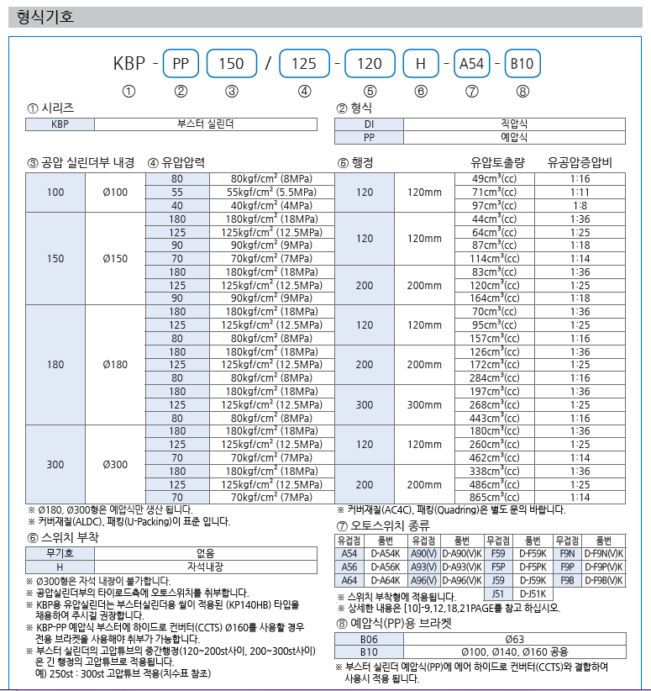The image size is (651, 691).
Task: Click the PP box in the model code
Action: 181,63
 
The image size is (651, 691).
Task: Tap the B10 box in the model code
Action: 523,63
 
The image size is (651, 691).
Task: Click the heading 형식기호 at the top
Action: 39,15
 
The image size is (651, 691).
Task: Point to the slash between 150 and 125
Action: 268,63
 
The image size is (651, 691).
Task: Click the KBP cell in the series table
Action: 60,124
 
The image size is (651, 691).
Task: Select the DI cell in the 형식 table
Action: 369,124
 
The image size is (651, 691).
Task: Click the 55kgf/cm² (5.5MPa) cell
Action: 273,192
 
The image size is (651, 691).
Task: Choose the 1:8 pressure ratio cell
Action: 580,205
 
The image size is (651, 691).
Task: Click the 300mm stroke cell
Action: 423,404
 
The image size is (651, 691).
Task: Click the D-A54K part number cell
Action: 385,554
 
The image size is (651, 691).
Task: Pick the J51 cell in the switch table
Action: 498,593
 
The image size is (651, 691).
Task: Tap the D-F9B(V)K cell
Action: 603,580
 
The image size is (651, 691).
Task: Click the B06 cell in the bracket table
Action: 369,639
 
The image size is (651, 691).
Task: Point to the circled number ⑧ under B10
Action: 523,92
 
